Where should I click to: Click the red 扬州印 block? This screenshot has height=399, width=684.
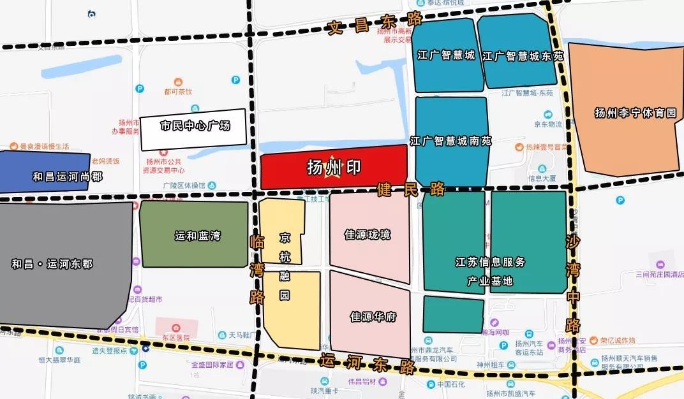(334, 168)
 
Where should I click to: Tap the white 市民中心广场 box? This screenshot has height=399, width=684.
(194, 126)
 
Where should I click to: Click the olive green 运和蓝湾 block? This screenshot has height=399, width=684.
(195, 235)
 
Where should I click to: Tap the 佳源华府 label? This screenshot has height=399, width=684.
(374, 316)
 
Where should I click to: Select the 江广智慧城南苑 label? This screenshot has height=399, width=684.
(450, 141)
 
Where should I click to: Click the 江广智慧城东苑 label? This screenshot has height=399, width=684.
(523, 56)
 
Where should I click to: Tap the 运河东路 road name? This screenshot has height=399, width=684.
(368, 363)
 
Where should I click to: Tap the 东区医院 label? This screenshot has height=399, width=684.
(174, 337)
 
